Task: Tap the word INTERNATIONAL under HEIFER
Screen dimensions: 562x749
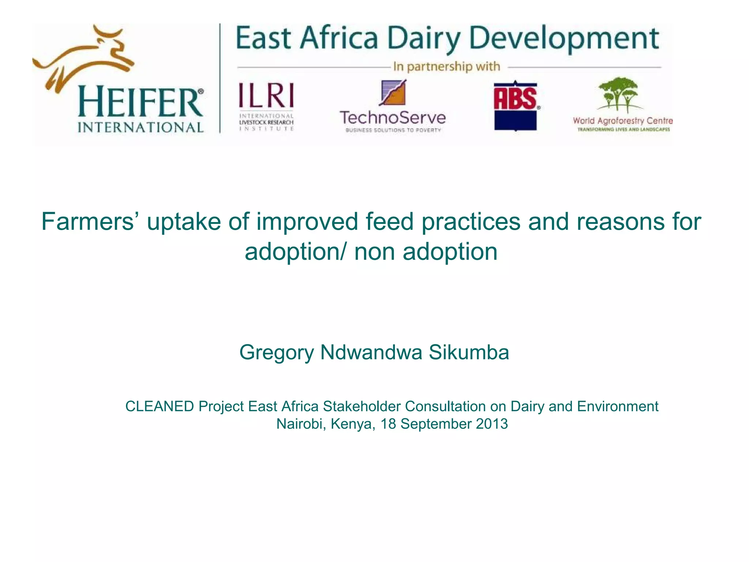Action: (140, 127)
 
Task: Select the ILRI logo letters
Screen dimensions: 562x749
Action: (266, 95)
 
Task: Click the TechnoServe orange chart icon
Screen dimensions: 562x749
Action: (393, 93)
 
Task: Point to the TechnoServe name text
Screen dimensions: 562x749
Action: (393, 118)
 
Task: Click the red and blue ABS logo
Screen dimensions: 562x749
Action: (515, 105)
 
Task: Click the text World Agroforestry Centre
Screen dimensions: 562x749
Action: (622, 121)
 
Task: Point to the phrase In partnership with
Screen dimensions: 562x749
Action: (446, 67)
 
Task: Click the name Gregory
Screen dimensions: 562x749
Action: (276, 352)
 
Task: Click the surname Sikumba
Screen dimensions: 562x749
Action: (468, 352)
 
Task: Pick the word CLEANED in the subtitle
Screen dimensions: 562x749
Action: (159, 406)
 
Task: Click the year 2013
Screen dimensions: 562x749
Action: (492, 424)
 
